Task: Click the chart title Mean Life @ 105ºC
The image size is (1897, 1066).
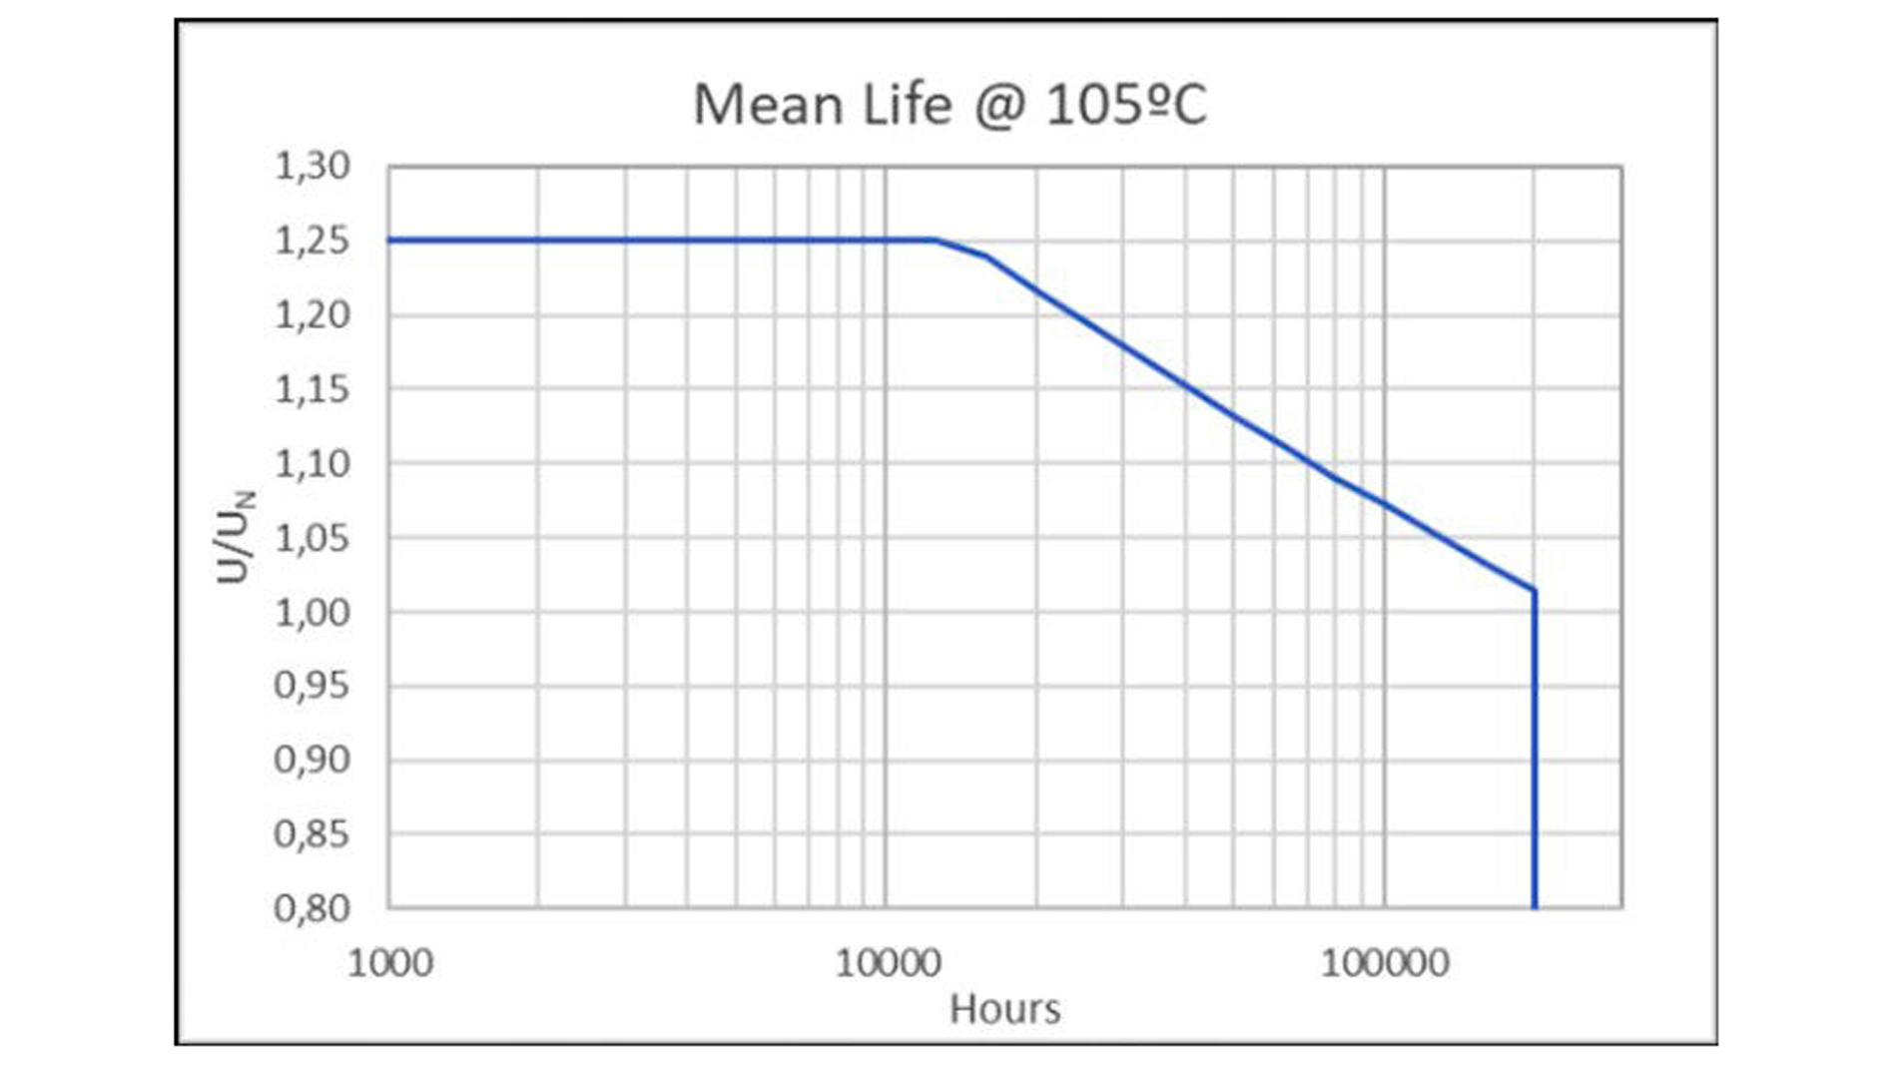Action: [949, 105]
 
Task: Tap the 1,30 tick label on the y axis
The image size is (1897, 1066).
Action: [313, 166]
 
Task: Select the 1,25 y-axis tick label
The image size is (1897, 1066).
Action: [313, 241]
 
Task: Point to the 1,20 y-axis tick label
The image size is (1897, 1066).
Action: [313, 314]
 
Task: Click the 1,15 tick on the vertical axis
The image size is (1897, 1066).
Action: [313, 388]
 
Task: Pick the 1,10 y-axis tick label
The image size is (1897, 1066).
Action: [313, 463]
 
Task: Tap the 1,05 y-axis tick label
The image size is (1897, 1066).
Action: [313, 538]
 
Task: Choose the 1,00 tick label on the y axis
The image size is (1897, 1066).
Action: [313, 612]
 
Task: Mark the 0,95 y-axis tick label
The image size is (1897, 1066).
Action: [313, 686]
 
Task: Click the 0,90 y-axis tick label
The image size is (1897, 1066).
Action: [313, 760]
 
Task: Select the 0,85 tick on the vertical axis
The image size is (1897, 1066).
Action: [313, 833]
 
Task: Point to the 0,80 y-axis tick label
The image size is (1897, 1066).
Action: [313, 908]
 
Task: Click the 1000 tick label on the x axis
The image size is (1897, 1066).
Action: [390, 963]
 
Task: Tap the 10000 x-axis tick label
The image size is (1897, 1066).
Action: [888, 963]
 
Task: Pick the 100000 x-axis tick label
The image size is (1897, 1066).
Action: [1385, 963]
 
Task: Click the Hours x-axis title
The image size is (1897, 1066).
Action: [1004, 1009]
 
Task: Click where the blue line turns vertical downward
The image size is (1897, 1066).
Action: [1535, 591]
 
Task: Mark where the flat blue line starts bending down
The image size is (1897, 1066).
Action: [936, 240]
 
